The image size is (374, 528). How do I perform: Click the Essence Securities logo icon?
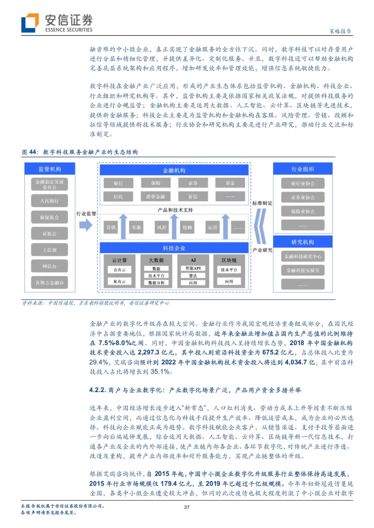[30, 23]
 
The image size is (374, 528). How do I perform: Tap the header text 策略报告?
[340, 31]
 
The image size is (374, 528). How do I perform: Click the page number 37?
[187, 507]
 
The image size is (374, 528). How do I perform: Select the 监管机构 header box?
[50, 169]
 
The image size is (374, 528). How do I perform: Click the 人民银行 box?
[50, 201]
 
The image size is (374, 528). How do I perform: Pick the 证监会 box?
[50, 234]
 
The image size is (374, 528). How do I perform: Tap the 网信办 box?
[50, 266]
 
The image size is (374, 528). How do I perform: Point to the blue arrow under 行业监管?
[86, 225]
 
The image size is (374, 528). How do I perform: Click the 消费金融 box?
[155, 197]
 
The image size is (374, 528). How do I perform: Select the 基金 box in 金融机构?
[230, 183]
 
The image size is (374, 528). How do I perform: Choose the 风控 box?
[162, 227]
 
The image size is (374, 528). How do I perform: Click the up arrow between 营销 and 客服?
[124, 226]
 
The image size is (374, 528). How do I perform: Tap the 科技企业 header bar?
[174, 248]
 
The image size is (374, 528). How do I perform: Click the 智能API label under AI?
[193, 268]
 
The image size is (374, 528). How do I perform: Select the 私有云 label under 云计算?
[119, 281]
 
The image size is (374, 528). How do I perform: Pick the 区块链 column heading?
[229, 260]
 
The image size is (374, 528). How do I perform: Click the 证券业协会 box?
[303, 197]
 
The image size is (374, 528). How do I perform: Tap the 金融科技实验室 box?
[303, 270]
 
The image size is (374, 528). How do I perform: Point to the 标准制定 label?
[262, 203]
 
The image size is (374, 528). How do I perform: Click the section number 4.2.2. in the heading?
[97, 390]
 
